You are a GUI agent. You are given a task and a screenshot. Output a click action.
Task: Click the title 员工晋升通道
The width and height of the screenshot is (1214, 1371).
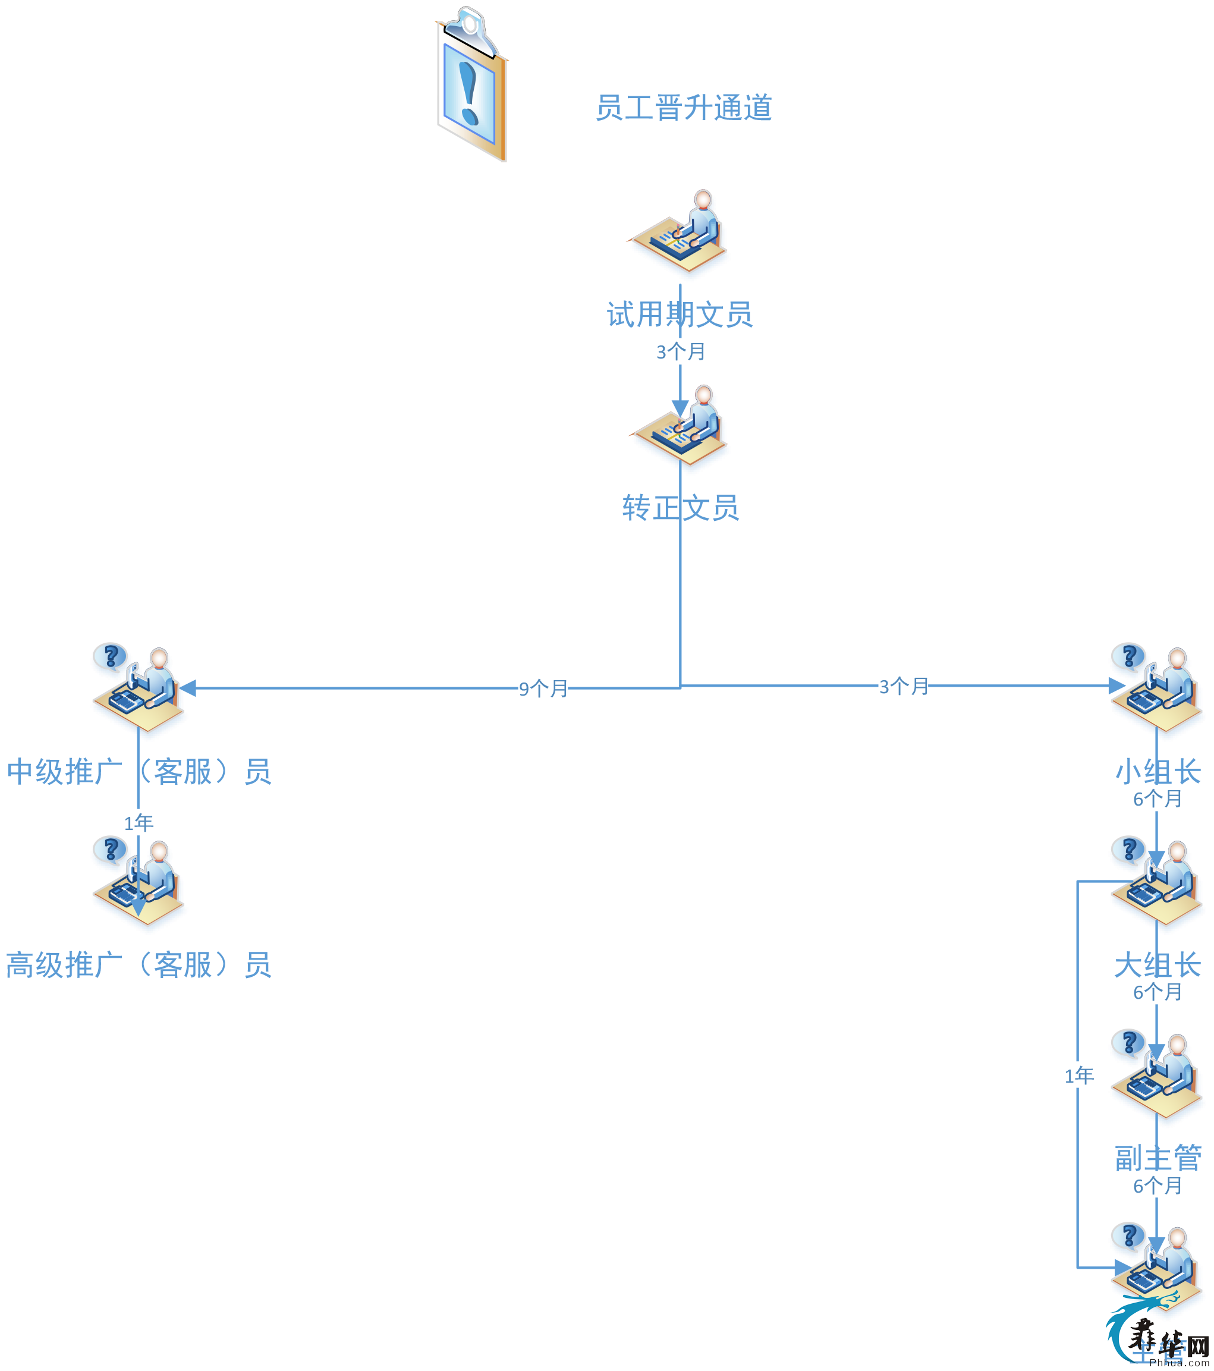click(x=684, y=108)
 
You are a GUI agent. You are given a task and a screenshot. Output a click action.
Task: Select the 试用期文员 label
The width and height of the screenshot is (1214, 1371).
click(x=680, y=315)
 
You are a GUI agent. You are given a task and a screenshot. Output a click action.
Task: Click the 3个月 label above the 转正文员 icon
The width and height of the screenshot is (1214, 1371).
click(x=680, y=351)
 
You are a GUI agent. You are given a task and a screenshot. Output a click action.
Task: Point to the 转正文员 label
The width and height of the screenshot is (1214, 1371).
click(x=680, y=508)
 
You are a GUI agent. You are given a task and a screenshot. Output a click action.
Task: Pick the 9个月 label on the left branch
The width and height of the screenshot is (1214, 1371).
click(x=543, y=688)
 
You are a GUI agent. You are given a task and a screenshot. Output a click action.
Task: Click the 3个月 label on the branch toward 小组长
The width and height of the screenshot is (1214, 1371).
click(x=903, y=686)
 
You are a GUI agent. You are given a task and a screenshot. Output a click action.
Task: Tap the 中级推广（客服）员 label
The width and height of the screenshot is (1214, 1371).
click(x=139, y=771)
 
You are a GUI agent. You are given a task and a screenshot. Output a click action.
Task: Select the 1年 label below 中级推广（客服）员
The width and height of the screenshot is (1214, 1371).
click(x=138, y=822)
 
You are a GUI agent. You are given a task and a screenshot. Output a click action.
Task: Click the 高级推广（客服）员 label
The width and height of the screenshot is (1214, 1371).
click(x=139, y=964)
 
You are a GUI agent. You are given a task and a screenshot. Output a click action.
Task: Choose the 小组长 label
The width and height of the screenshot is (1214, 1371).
click(x=1158, y=771)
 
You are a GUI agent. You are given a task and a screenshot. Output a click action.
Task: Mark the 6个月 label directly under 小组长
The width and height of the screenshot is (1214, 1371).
click(x=1156, y=799)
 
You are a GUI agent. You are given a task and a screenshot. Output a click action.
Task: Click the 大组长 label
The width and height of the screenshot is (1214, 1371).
click(x=1158, y=964)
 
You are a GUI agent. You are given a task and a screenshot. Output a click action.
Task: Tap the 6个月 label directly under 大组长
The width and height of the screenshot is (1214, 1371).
click(x=1156, y=992)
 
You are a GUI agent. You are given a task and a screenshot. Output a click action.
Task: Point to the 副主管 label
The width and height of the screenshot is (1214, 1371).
click(x=1158, y=1158)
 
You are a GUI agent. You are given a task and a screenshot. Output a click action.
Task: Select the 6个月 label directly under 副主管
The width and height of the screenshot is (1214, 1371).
click(x=1156, y=1186)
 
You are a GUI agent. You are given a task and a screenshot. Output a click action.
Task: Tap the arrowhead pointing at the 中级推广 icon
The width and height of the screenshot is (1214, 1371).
click(x=188, y=688)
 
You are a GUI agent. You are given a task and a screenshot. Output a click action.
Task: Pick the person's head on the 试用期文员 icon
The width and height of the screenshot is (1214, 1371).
click(x=703, y=199)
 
